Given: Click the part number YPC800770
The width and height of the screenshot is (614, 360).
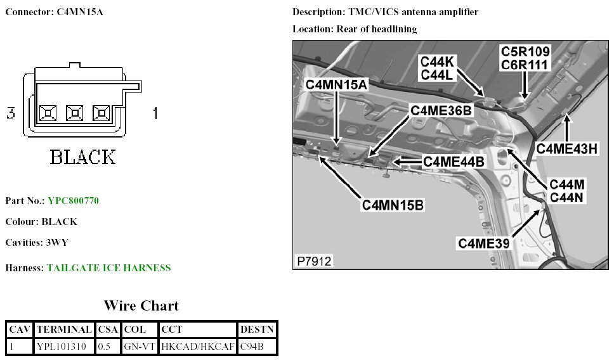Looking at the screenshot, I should point(73,201).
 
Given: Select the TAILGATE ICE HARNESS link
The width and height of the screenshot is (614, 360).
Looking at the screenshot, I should point(108,268).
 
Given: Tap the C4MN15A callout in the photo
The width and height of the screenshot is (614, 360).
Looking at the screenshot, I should point(336,85).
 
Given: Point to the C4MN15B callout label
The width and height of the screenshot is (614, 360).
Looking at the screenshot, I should point(393,205).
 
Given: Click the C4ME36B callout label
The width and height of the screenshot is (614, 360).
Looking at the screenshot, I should point(441,110).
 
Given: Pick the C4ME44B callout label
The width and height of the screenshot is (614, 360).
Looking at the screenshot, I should point(454,162).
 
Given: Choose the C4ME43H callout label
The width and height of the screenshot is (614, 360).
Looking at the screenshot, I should point(567,148).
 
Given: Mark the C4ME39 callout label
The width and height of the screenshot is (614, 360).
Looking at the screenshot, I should point(484,243).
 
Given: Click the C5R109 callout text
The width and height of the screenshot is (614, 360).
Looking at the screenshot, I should point(525,51).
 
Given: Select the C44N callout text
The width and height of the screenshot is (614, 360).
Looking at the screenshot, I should point(567,197).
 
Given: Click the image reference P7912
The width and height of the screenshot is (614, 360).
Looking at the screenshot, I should point(314,261).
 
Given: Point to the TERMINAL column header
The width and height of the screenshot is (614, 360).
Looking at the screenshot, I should point(64,330).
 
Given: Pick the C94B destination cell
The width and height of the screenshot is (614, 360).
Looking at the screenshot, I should point(252,347).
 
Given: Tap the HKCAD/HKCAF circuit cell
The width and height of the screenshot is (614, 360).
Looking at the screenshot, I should point(198,347).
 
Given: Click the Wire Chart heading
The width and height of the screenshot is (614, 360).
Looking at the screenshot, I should point(141,306).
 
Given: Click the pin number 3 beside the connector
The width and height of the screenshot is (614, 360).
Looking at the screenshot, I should point(11,113).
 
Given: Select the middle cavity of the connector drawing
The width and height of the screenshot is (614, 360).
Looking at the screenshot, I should point(75,113).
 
